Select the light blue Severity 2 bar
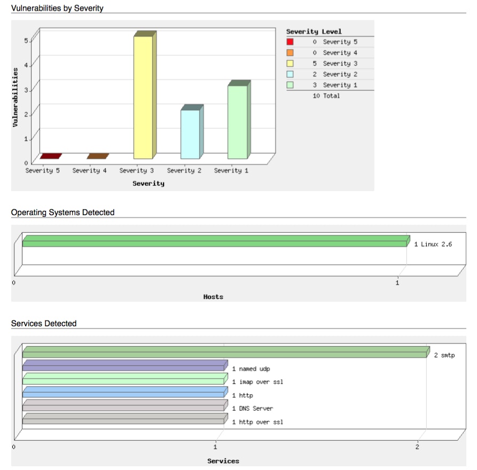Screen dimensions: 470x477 (x=190, y=134)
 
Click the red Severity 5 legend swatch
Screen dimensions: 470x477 (x=290, y=42)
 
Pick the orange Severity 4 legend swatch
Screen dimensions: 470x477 (x=290, y=53)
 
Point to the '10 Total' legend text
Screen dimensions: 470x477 (x=326, y=96)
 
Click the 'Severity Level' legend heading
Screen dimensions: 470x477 (x=314, y=32)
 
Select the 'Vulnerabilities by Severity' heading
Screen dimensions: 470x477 (x=57, y=8)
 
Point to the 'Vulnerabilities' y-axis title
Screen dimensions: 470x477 (x=15, y=97)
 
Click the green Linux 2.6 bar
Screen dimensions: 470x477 (x=214, y=242)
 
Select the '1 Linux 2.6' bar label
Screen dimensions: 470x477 (x=433, y=245)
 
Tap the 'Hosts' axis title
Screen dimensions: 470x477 (x=213, y=297)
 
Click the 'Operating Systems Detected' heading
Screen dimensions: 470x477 (x=62, y=213)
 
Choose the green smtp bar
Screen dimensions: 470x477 (x=224, y=353)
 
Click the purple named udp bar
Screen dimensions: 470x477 (x=124, y=366)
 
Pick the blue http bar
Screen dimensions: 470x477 (x=124, y=393)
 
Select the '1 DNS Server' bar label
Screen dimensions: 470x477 (x=252, y=409)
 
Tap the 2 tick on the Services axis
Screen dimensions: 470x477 (x=417, y=446)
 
